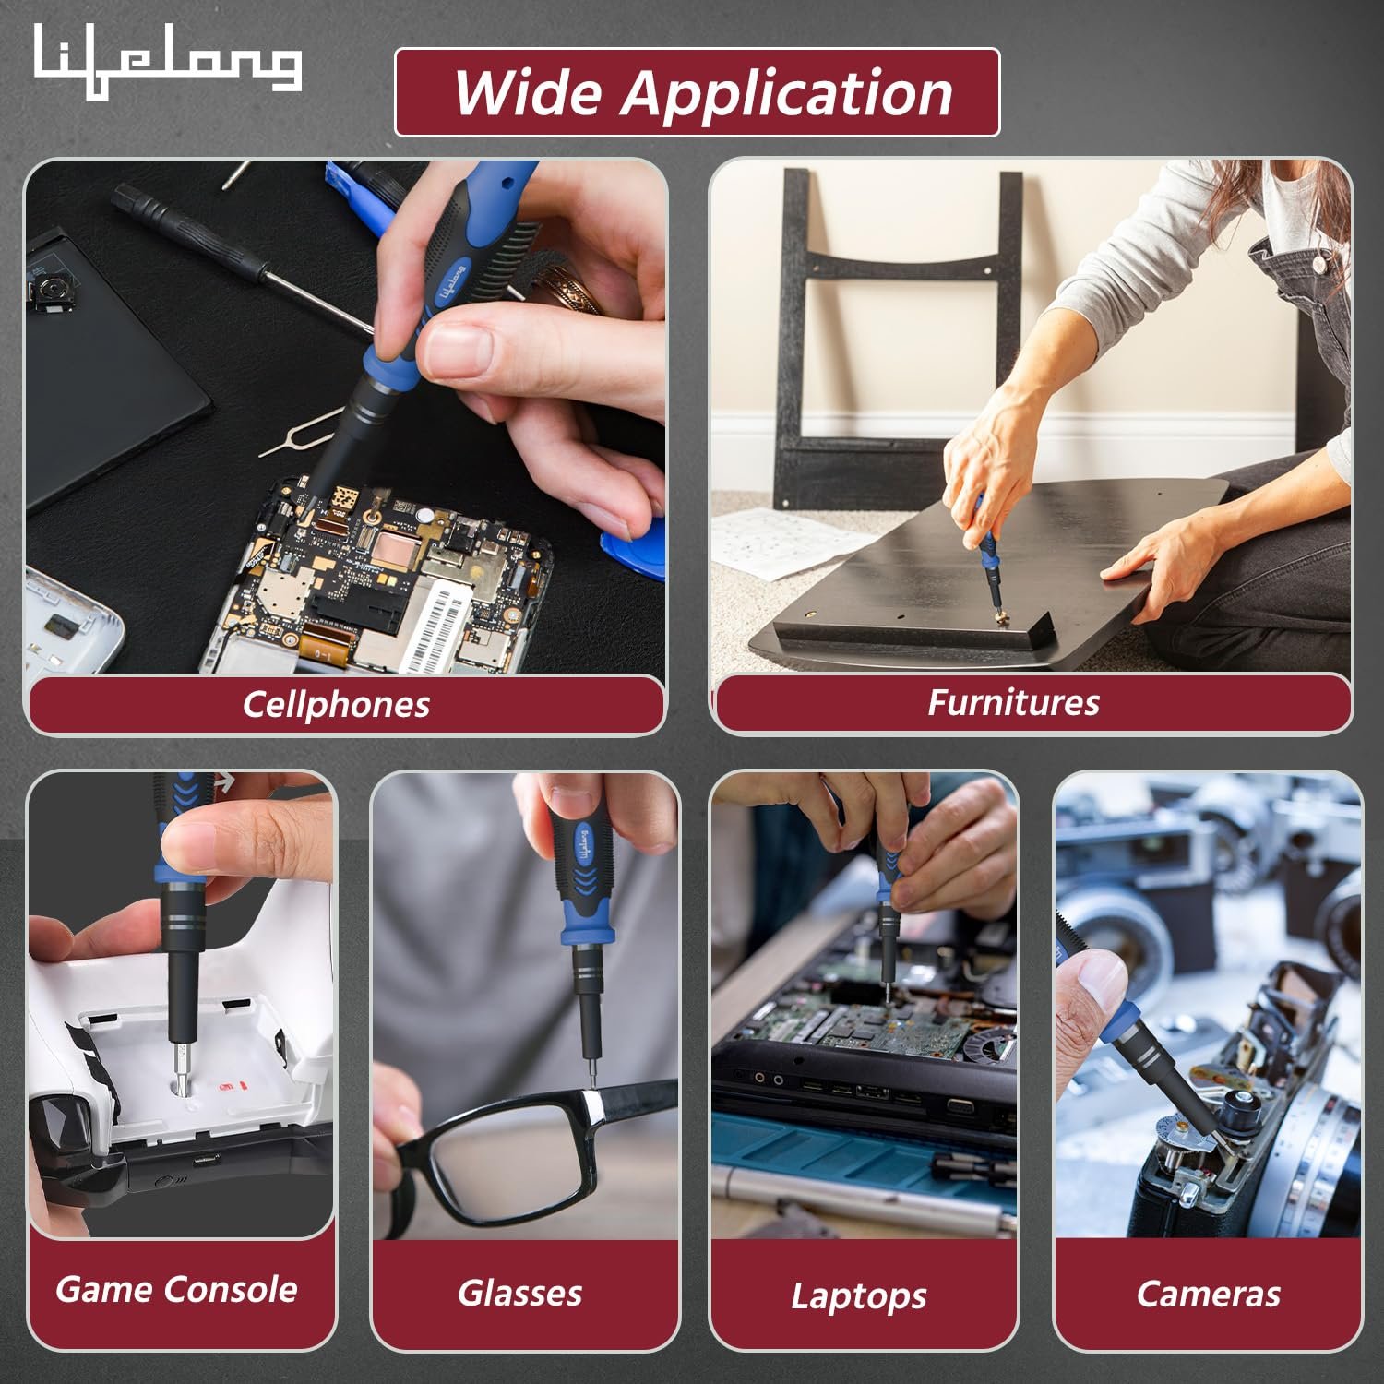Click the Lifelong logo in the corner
point(167,61)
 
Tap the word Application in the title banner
point(786,93)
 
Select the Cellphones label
point(337,704)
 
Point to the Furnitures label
point(1013,702)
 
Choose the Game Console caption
point(176,1289)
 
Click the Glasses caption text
point(520,1293)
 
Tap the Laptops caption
point(859,1295)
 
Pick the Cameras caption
point(1209,1294)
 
